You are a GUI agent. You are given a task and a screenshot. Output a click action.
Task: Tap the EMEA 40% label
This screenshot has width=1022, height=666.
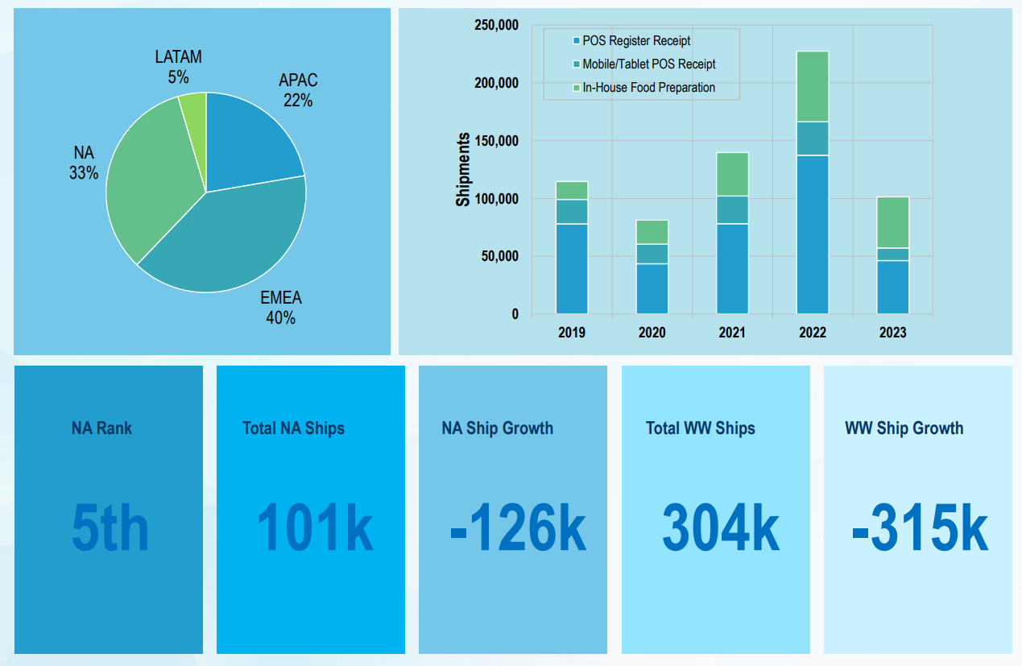pos(280,308)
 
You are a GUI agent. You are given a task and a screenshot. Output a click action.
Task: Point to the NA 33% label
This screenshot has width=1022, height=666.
pos(84,163)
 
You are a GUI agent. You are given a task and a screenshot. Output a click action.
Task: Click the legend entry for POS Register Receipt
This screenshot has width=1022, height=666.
pos(635,41)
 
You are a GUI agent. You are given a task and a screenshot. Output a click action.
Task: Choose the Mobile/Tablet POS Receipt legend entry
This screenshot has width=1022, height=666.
pos(648,64)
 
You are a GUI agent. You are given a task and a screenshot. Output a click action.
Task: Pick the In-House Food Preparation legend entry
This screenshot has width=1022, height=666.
pos(648,88)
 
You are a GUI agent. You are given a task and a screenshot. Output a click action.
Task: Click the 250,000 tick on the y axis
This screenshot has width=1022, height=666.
pos(496,25)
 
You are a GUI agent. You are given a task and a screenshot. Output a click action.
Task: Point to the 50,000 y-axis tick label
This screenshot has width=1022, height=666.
pos(499,257)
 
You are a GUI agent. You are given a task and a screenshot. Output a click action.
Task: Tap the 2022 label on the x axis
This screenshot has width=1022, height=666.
pos(813,333)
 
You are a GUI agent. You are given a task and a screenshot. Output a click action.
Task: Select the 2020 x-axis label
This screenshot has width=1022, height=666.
pos(652,333)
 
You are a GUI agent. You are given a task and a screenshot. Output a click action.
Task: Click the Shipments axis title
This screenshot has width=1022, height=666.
pos(463,170)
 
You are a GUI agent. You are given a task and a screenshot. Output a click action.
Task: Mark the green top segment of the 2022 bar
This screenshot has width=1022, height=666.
pos(813,86)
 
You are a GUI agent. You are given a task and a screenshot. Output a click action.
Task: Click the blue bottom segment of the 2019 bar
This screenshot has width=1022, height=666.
pos(572,268)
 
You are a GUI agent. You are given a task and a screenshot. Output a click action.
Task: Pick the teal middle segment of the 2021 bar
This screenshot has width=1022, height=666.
pos(732,210)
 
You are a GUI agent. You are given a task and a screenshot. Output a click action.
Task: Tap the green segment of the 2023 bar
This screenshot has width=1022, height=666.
pos(892,222)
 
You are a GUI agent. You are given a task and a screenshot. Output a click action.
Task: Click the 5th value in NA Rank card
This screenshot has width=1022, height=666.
pos(110,528)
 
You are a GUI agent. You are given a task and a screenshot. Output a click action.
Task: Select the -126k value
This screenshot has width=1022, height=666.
pos(517,528)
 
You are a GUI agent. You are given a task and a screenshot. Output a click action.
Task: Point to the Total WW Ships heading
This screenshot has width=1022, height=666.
pos(701,428)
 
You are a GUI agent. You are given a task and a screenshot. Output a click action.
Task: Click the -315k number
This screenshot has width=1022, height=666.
pos(919,528)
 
